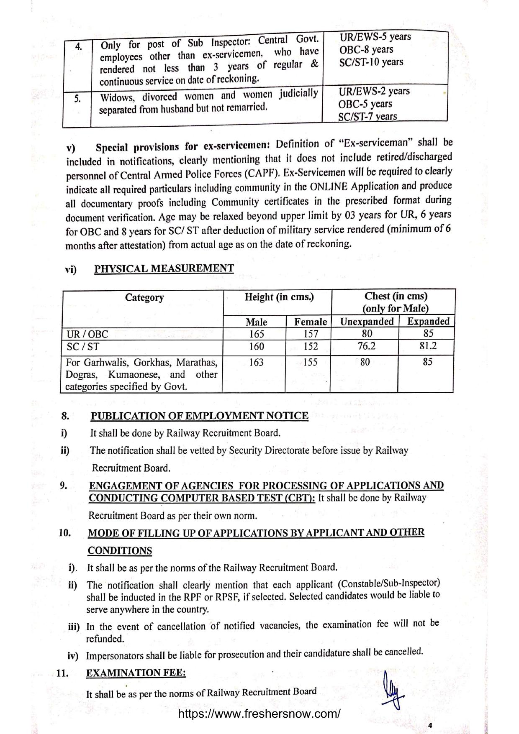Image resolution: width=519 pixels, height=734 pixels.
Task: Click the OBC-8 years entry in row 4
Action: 366,50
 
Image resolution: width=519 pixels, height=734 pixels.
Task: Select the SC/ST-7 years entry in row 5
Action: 367,117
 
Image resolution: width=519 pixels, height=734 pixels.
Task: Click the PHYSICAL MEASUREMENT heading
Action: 164,269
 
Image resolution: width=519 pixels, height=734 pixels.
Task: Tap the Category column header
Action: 144,297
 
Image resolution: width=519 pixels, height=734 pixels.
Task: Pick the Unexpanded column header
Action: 367,322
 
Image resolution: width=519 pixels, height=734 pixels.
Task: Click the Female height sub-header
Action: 310,322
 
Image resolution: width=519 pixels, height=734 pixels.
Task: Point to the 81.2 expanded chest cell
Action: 428,346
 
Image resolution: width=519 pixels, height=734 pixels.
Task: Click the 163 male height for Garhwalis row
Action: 256,362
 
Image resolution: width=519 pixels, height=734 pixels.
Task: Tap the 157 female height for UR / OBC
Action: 310,334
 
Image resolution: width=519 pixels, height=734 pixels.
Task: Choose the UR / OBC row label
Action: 87,334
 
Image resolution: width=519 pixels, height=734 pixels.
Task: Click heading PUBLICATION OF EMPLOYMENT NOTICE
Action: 199,416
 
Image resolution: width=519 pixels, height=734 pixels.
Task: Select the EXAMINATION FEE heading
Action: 136,673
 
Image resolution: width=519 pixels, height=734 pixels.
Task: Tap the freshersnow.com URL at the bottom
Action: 259,714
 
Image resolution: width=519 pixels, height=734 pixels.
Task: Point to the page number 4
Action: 430,725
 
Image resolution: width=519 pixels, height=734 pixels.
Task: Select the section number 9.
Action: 64,486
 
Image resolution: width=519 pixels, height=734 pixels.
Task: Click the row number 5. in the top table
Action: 77,99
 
